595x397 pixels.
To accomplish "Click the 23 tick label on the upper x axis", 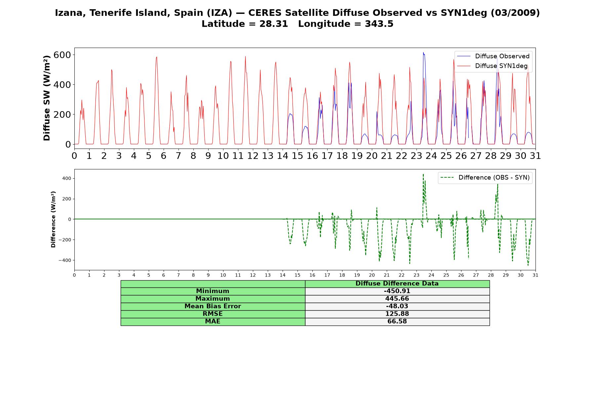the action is pos(416,156).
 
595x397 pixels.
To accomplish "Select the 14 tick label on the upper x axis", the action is pos(283,156).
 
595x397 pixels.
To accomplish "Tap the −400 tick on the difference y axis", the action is pos(65,260).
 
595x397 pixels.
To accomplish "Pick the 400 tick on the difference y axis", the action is pos(67,179).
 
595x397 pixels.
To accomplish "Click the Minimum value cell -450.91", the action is pos(397,291).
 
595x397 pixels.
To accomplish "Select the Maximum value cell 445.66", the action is pos(397,299).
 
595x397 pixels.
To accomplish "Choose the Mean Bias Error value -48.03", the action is pos(397,306).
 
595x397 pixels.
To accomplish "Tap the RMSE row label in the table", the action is pos(213,314).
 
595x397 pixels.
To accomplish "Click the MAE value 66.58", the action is pos(397,322).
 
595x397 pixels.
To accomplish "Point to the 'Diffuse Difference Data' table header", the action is pos(397,284).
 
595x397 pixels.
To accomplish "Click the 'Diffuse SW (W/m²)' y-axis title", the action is pos(47,98).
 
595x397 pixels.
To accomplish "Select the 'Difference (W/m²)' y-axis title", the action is pos(53,219).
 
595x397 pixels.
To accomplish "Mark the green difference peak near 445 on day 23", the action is pos(423,174).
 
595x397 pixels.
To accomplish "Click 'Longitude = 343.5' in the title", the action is pos(346,24).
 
